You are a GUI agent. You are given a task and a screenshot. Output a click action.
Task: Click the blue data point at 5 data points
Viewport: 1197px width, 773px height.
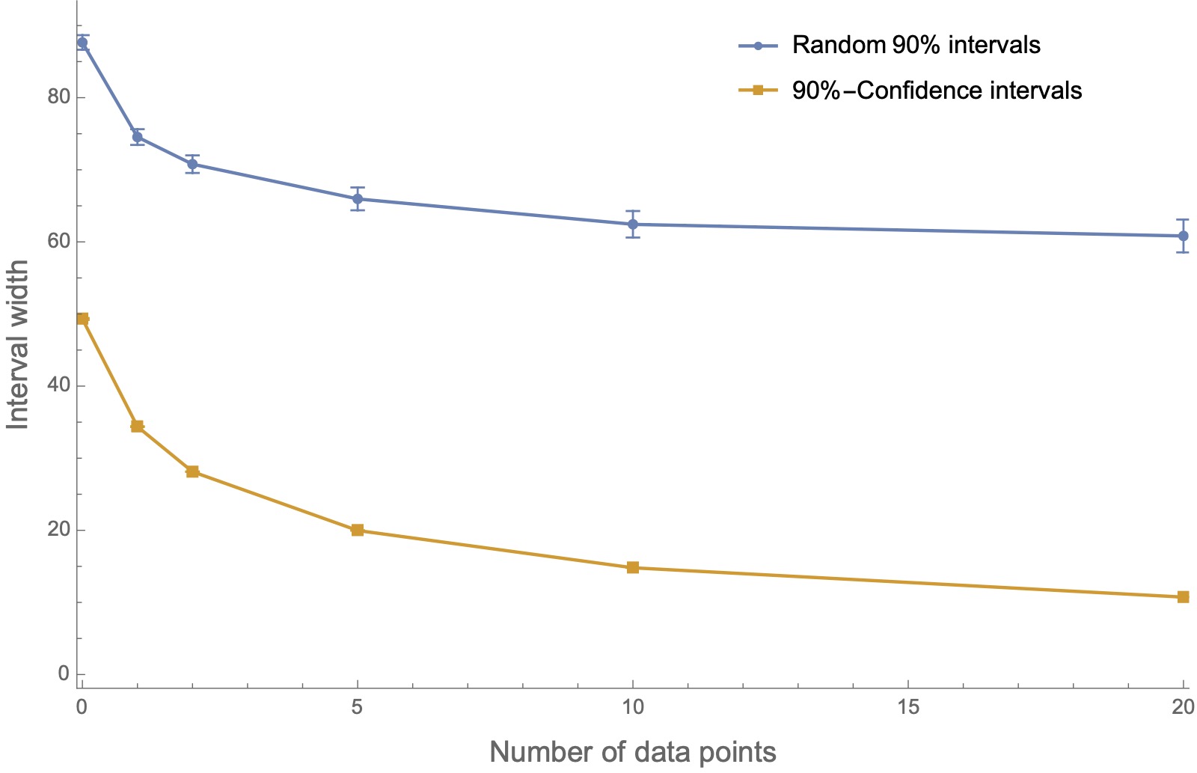(x=358, y=199)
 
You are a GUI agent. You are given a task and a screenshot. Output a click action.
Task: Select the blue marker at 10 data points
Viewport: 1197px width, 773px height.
(x=633, y=224)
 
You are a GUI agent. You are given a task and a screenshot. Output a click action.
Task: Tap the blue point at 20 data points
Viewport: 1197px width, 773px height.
(x=1183, y=236)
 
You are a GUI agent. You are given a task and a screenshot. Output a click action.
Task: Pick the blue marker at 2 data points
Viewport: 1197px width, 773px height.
(x=192, y=164)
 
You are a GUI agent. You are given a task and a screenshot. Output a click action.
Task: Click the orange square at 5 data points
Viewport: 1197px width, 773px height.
(x=358, y=531)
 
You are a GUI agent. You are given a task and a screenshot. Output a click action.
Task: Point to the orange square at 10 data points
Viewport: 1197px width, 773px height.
(x=633, y=567)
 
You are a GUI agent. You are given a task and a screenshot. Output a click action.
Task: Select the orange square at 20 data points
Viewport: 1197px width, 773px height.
(x=1183, y=597)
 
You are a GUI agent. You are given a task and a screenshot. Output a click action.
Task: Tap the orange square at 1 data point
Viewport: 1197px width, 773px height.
(x=137, y=427)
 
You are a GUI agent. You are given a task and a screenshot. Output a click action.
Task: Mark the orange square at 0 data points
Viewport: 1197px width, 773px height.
(x=82, y=319)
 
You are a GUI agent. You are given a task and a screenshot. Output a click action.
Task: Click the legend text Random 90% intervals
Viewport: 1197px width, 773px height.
(x=916, y=45)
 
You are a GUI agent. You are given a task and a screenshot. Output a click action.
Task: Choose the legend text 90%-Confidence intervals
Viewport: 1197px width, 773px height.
(x=937, y=91)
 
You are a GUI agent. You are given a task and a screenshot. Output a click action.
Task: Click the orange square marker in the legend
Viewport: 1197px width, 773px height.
(x=758, y=91)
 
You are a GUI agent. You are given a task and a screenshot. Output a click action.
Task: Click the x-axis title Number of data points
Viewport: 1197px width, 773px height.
(x=632, y=752)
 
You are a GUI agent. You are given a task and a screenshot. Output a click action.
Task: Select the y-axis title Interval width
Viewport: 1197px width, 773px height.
(x=18, y=344)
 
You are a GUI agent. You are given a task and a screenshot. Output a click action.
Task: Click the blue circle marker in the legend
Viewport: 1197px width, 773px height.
(x=758, y=46)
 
